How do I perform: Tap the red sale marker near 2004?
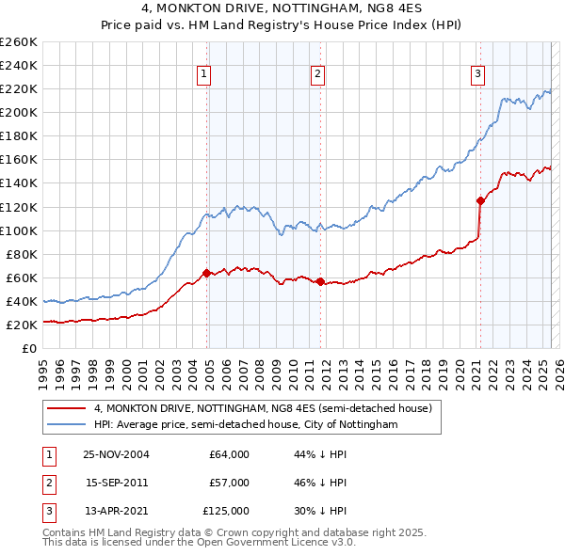pyautogui.click(x=207, y=273)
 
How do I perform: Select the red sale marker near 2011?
pyautogui.click(x=321, y=281)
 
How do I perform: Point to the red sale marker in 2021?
pyautogui.click(x=480, y=200)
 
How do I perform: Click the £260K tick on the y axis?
pyautogui.click(x=19, y=42)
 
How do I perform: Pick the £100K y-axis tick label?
pyautogui.click(x=19, y=230)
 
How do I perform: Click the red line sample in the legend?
pyautogui.click(x=66, y=409)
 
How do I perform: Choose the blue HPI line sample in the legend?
pyautogui.click(x=66, y=425)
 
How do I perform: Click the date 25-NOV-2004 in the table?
pyautogui.click(x=117, y=454)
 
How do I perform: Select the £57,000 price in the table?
pyautogui.click(x=229, y=483)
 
